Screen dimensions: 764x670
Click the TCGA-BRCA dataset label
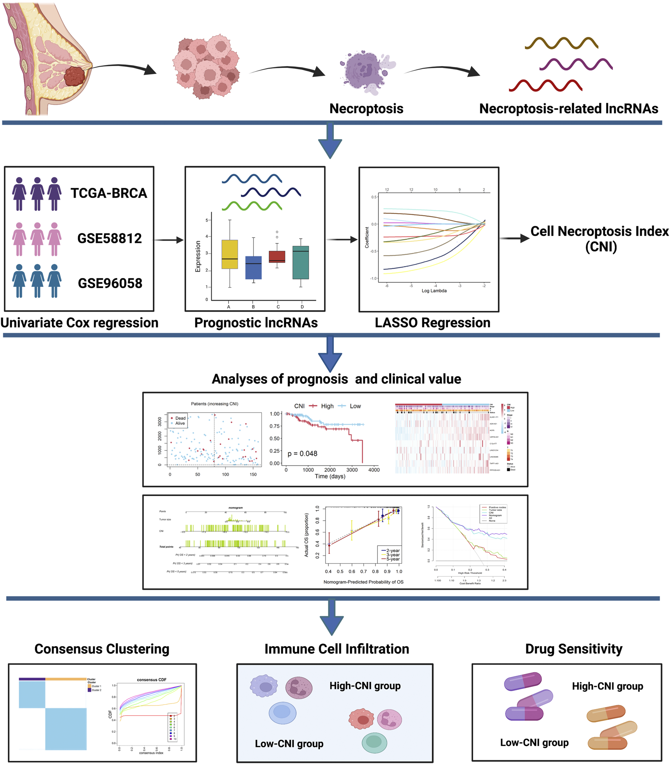click(109, 193)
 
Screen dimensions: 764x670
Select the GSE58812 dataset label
click(109, 238)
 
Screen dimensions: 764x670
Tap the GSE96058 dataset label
click(110, 283)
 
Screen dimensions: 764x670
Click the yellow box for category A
click(230, 254)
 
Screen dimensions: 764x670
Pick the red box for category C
click(277, 256)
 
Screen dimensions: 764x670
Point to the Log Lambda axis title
click(434, 291)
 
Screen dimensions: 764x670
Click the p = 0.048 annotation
click(302, 453)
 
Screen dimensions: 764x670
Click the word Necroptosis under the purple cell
click(366, 109)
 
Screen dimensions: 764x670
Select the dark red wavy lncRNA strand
click(545, 86)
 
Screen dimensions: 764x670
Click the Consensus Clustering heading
click(102, 649)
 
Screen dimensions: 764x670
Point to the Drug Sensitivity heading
click(573, 649)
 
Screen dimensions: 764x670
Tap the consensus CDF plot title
click(151, 680)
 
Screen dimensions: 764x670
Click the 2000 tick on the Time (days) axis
click(330, 470)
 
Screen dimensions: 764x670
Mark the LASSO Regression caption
click(432, 323)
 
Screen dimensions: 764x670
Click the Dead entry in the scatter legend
click(180, 418)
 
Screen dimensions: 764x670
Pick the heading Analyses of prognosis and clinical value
click(336, 379)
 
